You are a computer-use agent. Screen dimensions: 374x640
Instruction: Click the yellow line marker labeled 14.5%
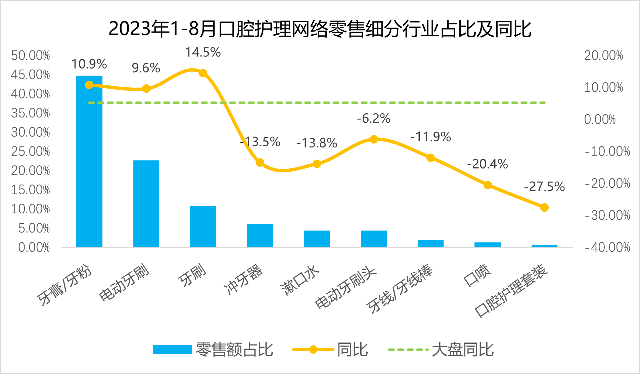(203, 73)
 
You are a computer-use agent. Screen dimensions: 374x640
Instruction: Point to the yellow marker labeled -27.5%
(544, 207)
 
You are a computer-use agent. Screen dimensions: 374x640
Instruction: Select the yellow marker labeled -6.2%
(374, 139)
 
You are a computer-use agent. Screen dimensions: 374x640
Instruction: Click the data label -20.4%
(487, 164)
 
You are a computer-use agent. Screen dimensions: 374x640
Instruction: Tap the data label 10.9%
(89, 64)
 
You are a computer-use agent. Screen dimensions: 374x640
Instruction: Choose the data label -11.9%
(430, 137)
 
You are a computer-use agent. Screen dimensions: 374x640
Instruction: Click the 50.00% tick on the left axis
(31, 55)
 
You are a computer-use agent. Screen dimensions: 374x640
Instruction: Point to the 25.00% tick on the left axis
(31, 151)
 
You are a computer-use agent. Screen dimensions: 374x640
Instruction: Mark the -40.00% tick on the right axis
(607, 247)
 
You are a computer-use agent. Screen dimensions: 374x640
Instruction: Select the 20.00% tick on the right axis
(603, 55)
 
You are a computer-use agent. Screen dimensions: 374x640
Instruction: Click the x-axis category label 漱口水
(300, 280)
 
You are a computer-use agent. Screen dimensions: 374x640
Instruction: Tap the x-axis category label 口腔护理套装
(511, 291)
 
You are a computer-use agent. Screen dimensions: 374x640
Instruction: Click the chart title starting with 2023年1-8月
(320, 29)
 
